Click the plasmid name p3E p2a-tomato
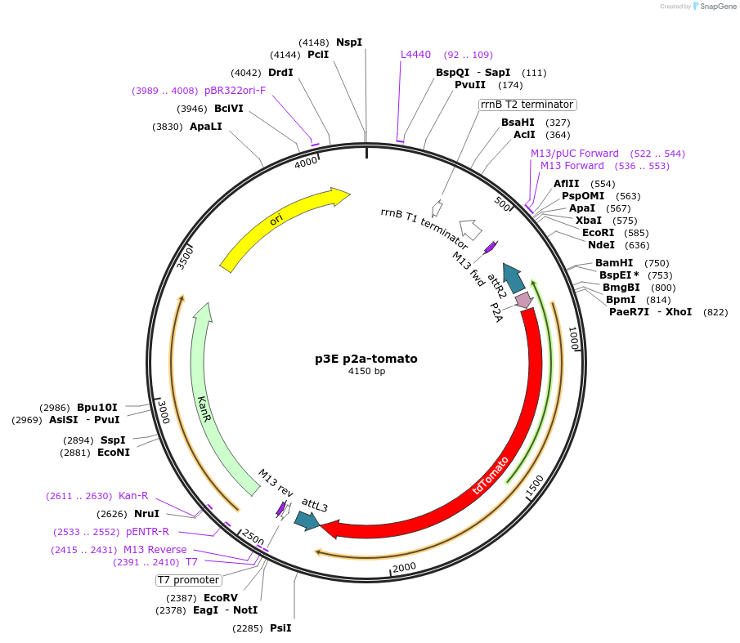click(x=366, y=359)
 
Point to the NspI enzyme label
click(x=349, y=42)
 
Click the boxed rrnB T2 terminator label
click(x=527, y=105)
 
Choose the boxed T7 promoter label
click(x=189, y=580)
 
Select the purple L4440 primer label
click(x=415, y=55)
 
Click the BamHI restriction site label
click(x=614, y=263)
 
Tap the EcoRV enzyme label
click(x=221, y=598)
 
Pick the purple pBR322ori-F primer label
click(x=235, y=91)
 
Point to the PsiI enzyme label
click(x=280, y=628)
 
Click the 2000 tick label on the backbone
click(x=405, y=567)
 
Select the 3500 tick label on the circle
click(x=186, y=257)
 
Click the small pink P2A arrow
click(x=523, y=301)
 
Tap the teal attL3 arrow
click(x=307, y=520)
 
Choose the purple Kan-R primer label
click(x=133, y=496)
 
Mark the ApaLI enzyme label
click(x=205, y=127)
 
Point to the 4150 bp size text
click(x=366, y=372)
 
